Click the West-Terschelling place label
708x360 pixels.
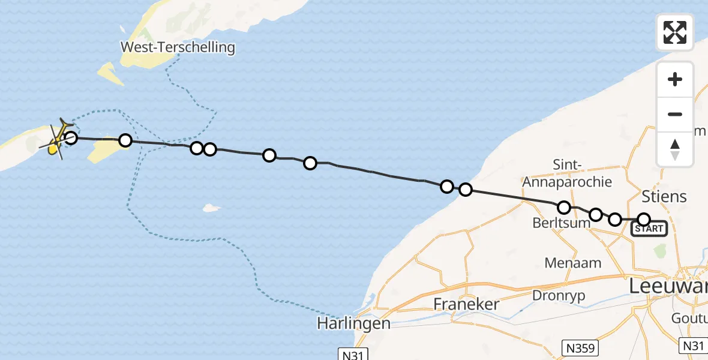pos(178,47)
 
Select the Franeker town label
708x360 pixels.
pos(466,304)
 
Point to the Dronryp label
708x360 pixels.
pos(559,295)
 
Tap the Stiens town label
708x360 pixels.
pos(664,196)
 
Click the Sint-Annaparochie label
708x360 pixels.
pos(567,173)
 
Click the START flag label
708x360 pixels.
pos(649,229)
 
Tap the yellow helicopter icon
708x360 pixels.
pos(56,141)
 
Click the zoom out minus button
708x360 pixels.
pos(675,114)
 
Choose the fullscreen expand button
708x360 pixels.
pos(675,32)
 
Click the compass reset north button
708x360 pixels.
pos(675,149)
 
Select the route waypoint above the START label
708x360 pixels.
pos(644,220)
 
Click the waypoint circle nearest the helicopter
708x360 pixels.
pos(71,138)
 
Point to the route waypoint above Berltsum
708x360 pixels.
pos(564,208)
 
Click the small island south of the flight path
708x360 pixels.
pos(211,208)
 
